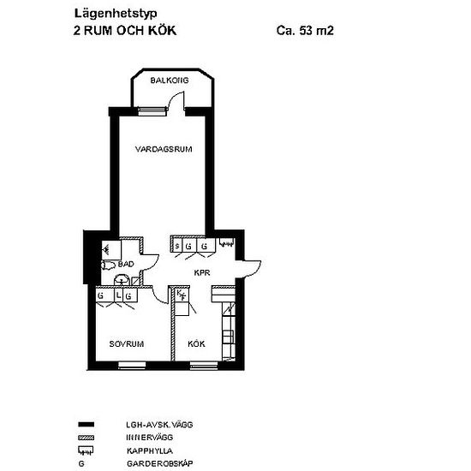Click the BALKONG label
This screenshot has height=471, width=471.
169,81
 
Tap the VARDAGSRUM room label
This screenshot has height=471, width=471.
163,149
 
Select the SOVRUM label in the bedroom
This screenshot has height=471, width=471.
126,343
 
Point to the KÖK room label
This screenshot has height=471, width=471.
197,343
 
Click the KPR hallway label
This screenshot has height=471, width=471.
202,273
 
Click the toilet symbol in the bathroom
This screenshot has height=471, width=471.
109,266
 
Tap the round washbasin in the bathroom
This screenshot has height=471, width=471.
122,280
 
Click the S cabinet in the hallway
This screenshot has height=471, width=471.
177,247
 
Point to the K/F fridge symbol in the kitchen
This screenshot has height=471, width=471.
181,295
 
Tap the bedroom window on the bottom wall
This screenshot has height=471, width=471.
131,366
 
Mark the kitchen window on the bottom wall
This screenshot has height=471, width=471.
203,366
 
